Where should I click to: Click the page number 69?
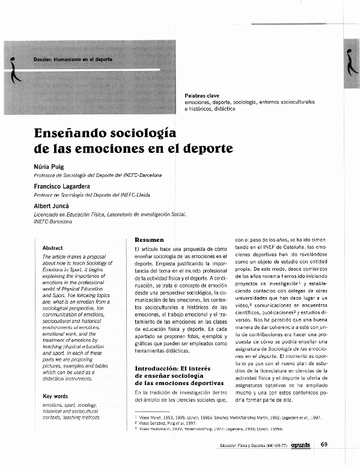pyautogui.click(x=324, y=445)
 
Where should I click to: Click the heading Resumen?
pyautogui.click(x=150, y=240)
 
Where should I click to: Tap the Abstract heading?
pyautogui.click(x=53, y=247)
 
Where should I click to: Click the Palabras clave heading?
pyautogui.click(x=202, y=96)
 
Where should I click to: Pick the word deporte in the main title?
pyautogui.click(x=207, y=147)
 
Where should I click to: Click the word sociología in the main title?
pyautogui.click(x=145, y=132)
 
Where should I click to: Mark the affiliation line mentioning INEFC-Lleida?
pyautogui.click(x=91, y=195)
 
